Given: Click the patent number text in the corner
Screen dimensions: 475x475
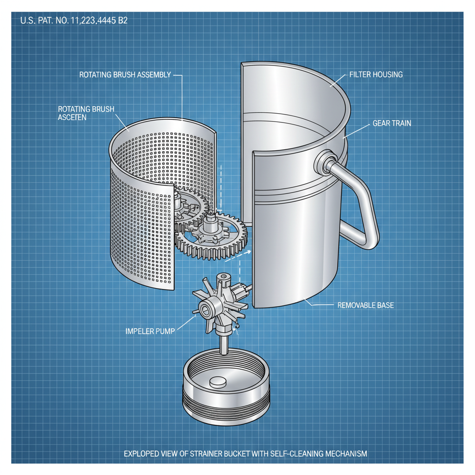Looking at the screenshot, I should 74,21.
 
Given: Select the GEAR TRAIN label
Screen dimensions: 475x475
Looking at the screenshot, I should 392,124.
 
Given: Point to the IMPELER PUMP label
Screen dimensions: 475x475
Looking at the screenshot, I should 153,332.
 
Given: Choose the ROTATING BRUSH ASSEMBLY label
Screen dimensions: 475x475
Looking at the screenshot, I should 125,74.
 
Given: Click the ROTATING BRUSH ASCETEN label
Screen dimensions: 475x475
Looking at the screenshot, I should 86,113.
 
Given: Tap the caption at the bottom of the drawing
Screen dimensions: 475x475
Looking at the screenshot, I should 245,453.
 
